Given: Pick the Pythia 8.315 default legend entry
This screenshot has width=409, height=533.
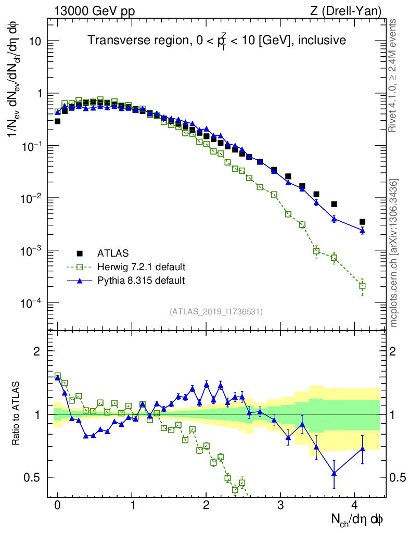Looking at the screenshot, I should tap(141, 281).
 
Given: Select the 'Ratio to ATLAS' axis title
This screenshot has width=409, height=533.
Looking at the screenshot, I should tap(17, 414).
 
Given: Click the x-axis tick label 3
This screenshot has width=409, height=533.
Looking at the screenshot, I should tap(281, 505).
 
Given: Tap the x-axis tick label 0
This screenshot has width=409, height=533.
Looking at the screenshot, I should tap(58, 505).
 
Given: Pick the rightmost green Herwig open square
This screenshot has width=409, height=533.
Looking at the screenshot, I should tap(362, 286).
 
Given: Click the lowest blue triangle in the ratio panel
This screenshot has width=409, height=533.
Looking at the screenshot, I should tap(334, 473).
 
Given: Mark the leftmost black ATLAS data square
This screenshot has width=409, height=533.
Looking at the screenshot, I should tap(58, 121).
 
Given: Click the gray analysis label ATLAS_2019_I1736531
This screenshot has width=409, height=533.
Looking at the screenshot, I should tap(216, 312).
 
